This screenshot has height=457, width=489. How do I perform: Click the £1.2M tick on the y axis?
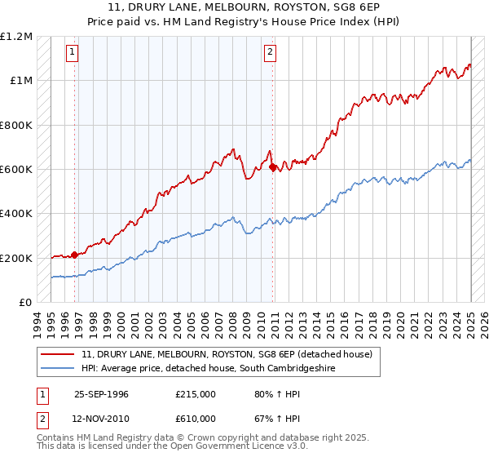coord(16,36)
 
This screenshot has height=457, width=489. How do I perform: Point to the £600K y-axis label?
coord(16,170)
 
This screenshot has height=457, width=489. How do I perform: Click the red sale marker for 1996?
coord(75,255)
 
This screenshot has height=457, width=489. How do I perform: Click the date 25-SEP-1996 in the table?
coord(101,393)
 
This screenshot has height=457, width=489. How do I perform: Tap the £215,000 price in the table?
coord(195,393)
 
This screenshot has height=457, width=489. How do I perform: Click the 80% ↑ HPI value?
coord(276,393)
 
